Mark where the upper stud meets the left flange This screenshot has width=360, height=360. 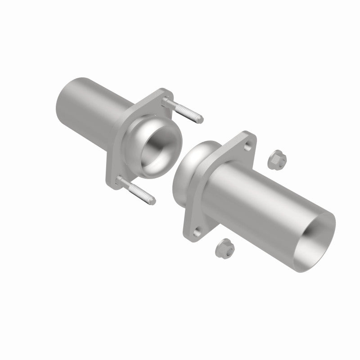[167, 101]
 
